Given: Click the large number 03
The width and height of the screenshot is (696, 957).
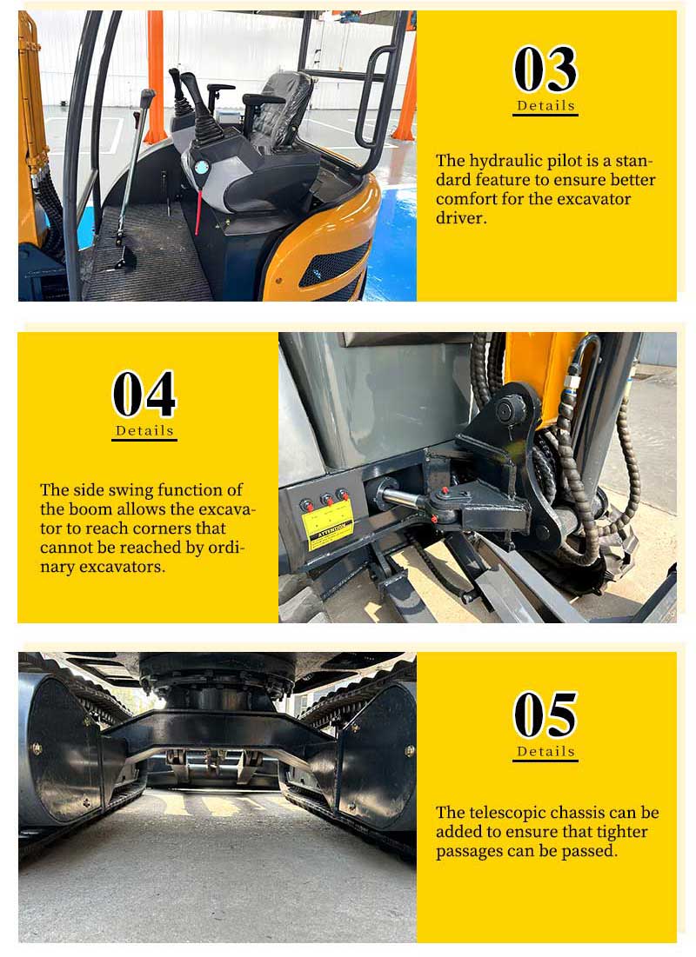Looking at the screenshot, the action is pyautogui.click(x=545, y=69).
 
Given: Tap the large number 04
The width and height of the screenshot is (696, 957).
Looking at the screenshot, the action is pyautogui.click(x=144, y=394).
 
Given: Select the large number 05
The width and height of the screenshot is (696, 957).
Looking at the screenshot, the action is pyautogui.click(x=545, y=714).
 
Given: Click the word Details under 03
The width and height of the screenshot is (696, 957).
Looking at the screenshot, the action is pyautogui.click(x=545, y=105).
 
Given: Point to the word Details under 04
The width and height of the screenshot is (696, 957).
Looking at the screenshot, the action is pyautogui.click(x=144, y=430).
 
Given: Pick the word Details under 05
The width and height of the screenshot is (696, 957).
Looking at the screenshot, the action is pyautogui.click(x=545, y=751).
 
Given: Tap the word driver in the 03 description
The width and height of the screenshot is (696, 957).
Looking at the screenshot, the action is pyautogui.click(x=461, y=218).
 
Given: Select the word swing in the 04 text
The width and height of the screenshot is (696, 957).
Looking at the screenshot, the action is pyautogui.click(x=130, y=491).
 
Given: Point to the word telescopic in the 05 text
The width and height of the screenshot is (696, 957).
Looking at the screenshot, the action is pyautogui.click(x=512, y=813).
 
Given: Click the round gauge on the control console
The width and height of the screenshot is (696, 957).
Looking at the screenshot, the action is pyautogui.click(x=201, y=167).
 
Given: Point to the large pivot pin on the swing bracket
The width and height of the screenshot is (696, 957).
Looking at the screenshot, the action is pyautogui.click(x=510, y=411).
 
